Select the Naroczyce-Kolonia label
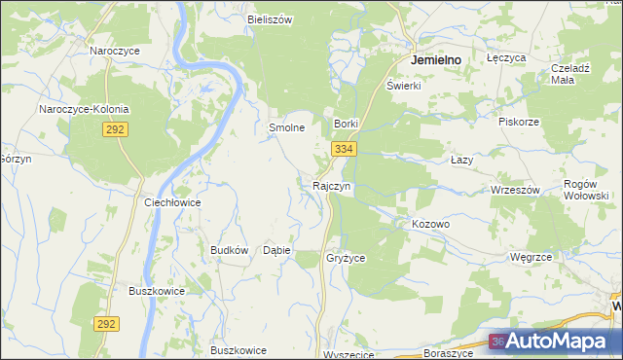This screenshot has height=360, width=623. click(84, 109)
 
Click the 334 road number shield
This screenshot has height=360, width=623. click(343, 149)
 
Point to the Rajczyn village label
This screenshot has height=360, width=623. click(331, 185)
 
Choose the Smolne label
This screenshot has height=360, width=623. click(287, 127)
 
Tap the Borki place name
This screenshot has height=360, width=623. click(348, 125)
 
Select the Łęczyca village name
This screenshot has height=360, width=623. click(506, 58)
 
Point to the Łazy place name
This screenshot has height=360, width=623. click(462, 160)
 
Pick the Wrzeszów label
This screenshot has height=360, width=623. click(515, 190)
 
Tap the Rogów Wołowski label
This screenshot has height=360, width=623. click(587, 190)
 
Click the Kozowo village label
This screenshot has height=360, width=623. click(430, 224)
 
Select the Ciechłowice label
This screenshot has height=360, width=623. click(172, 202)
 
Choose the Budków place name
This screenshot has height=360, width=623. click(230, 250)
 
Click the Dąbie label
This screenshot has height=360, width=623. click(277, 250)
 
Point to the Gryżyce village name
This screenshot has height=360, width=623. click(346, 259)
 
